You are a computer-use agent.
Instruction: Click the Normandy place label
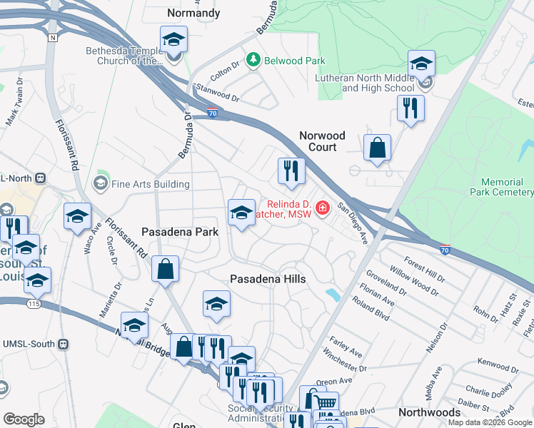pos(193,13)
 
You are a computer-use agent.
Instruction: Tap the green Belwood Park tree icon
pos(252,61)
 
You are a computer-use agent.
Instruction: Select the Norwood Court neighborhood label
pos(322,141)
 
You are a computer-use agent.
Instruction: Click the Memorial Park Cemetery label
pos(501,187)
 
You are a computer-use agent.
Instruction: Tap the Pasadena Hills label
pos(268,280)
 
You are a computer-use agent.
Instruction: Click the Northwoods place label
pos(429,413)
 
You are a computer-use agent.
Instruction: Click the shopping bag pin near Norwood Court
pos(377,148)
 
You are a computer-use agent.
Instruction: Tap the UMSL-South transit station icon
pos(64,344)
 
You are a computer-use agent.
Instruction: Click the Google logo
pos(24,419)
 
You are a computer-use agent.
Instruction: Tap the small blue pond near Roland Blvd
pos(332,295)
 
